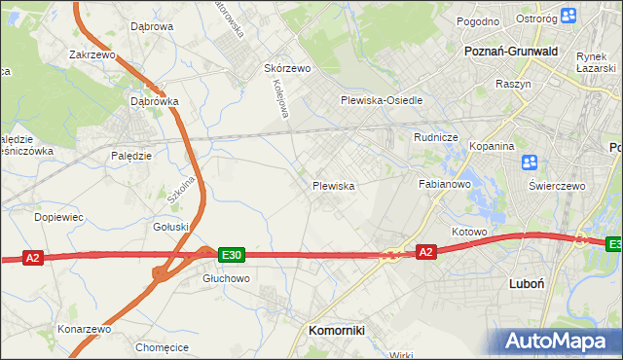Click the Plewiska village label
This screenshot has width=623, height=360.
click(x=332, y=185)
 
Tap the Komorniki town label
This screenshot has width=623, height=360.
click(x=336, y=331)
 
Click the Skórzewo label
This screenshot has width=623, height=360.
click(x=287, y=69)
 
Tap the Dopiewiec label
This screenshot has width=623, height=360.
click(x=58, y=217)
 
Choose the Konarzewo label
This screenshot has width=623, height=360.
click(x=85, y=328)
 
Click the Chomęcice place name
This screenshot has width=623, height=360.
click(x=162, y=346)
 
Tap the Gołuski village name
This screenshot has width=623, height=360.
click(x=170, y=227)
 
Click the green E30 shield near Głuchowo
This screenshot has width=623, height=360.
click(x=231, y=255)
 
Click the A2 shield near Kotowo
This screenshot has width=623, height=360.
click(x=425, y=251)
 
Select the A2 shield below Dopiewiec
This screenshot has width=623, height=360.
click(x=33, y=257)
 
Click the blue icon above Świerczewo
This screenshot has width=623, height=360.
click(x=531, y=162)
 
